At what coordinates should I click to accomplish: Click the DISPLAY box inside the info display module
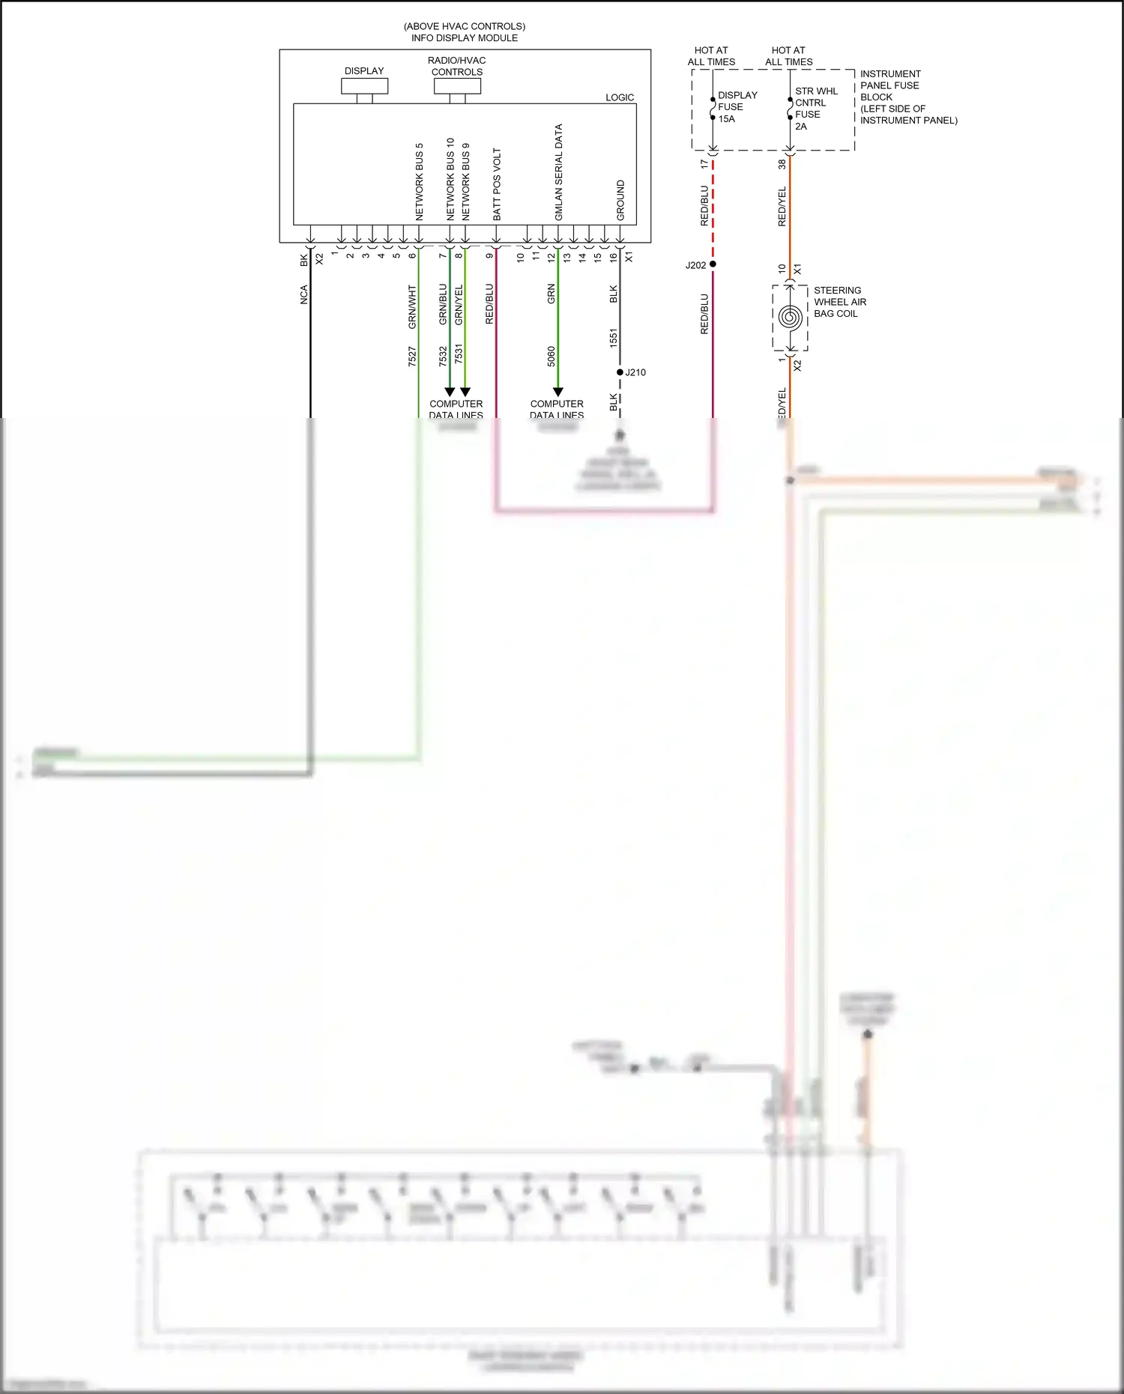coord(364,85)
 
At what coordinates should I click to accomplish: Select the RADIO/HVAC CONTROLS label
coord(456,66)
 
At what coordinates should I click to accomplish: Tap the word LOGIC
coord(620,97)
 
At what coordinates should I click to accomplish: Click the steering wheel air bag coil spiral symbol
coord(790,318)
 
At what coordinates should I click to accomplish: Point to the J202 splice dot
coord(713,264)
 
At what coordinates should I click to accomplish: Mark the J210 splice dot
coord(620,372)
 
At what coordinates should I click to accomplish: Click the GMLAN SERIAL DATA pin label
coord(558,172)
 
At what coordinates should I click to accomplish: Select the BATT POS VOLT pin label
coord(497,184)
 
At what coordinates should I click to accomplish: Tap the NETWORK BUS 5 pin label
coord(419,182)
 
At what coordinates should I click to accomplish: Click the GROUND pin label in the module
coord(620,200)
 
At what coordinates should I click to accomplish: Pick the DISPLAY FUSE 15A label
coord(737,107)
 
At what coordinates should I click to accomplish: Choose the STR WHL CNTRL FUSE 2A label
coord(815,109)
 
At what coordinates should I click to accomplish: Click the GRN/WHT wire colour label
coord(412,306)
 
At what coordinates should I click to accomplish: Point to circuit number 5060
coord(552,356)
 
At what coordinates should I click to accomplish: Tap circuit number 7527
coord(412,356)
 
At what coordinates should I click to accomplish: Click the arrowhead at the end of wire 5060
coord(558,392)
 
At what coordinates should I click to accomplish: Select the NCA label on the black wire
coord(304,294)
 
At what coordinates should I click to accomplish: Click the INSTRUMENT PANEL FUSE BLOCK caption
coord(907,97)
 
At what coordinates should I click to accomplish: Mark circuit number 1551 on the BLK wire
coord(614,338)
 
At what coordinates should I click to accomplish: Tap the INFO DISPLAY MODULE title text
coord(465,37)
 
